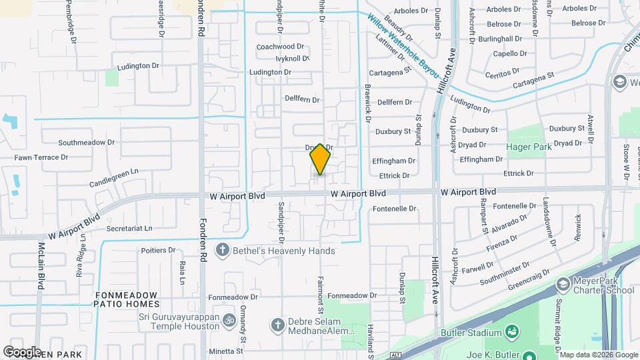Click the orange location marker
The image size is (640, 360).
click(320, 159)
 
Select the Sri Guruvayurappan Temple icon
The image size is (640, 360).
click(229, 320)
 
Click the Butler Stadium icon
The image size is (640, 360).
click(512, 332)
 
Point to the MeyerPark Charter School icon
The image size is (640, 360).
click(563, 285)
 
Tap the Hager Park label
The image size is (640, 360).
click(531, 146)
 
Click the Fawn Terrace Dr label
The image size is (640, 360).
click(41, 158)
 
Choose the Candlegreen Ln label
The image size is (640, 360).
click(113, 171)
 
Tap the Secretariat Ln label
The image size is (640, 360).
click(129, 228)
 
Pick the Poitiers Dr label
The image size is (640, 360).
click(158, 251)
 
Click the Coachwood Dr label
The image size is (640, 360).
click(280, 47)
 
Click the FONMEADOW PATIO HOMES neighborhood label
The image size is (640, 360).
click(127, 299)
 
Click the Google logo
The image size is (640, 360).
click(22, 351)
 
